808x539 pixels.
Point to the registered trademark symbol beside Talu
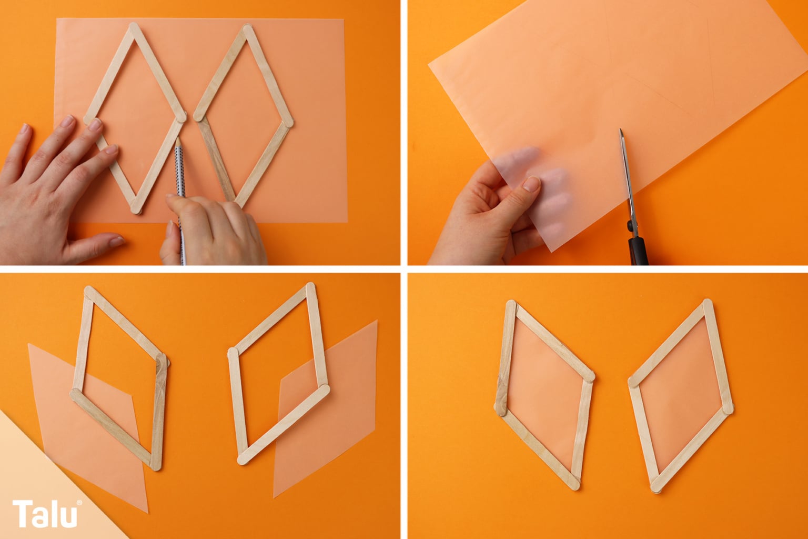(79, 502)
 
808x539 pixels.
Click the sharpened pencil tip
(178, 139)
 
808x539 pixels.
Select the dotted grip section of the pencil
(180, 169)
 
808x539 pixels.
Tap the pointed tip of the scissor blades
(621, 130)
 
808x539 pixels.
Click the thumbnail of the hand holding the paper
(531, 184)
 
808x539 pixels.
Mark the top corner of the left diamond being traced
(134, 26)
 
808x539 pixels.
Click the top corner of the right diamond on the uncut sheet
(247, 28)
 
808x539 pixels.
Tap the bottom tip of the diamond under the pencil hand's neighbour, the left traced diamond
(137, 210)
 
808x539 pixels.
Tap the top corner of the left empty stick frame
(89, 291)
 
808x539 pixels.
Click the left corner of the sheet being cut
(429, 64)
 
